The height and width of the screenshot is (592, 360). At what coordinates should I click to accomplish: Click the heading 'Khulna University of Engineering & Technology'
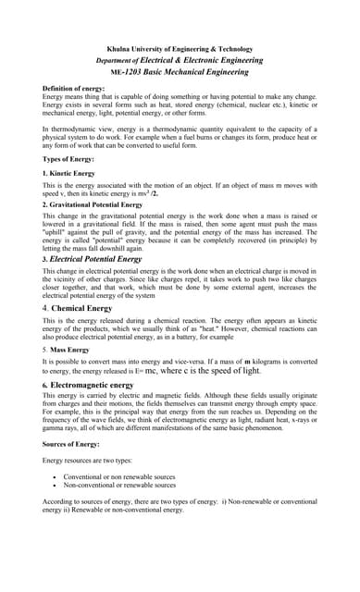[180, 49]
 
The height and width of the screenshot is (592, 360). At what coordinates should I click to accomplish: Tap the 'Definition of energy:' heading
[73, 88]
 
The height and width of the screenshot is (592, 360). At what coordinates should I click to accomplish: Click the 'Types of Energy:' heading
[68, 160]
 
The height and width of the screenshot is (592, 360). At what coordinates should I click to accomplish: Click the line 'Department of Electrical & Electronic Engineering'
[180, 60]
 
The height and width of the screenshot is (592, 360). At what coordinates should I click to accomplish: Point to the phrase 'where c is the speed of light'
[203, 370]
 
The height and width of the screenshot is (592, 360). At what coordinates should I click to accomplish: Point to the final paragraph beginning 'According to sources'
[180, 504]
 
